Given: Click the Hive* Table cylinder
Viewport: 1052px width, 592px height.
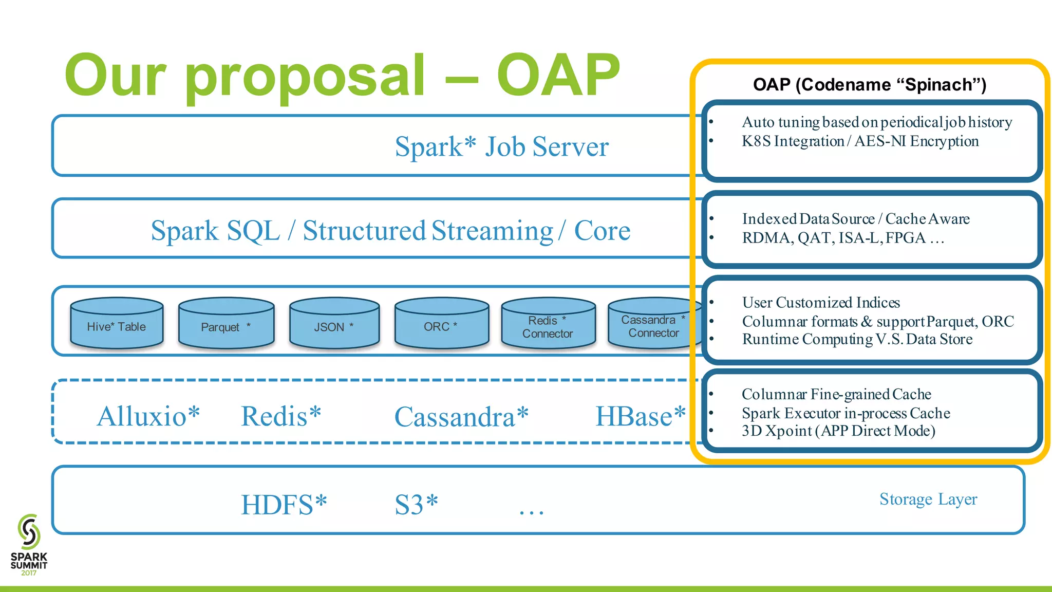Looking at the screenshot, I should [x=117, y=324].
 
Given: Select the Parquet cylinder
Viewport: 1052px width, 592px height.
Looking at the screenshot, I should [x=226, y=324].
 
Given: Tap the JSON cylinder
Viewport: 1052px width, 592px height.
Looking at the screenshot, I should [x=334, y=324].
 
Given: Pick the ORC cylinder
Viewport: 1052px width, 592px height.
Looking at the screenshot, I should [x=441, y=324].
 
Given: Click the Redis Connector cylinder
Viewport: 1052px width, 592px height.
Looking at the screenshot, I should [x=548, y=324].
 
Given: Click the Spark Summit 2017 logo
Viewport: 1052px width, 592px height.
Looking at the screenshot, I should [x=29, y=544].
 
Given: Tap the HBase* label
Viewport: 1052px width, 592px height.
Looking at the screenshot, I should [x=640, y=416].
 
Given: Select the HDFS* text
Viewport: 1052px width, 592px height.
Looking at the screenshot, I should [x=284, y=505].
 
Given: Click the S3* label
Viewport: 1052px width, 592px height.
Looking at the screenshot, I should [x=416, y=505].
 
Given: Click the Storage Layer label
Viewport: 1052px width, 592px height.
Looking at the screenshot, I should [x=928, y=499].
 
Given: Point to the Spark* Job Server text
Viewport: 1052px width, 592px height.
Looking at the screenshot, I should [x=501, y=146].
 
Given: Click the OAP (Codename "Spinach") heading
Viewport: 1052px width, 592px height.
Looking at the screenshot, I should [x=869, y=84].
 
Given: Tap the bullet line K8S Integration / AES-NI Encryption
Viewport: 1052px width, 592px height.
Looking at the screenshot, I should [x=860, y=141].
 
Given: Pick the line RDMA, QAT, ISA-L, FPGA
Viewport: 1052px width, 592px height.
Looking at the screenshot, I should [x=842, y=238].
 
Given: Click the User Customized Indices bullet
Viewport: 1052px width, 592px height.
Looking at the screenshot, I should [x=820, y=303].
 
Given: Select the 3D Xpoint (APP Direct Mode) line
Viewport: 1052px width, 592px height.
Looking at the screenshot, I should [x=838, y=431].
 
